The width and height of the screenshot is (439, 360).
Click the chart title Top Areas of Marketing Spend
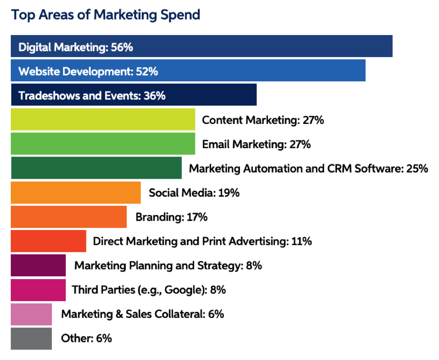106,15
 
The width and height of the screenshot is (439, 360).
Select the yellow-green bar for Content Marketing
102,120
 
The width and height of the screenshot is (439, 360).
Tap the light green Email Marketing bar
102,144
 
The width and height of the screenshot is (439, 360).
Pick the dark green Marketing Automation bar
96,168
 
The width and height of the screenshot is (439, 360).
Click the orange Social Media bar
75,193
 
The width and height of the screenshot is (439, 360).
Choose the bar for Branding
68,217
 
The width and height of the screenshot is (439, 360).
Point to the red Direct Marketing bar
48,241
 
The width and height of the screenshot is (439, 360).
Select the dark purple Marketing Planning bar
38,266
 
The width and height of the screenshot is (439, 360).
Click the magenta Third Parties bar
38,290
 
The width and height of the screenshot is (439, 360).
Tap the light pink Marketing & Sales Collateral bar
31,314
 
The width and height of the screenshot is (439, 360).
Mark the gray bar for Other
31,338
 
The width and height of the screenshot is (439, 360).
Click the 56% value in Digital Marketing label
123,47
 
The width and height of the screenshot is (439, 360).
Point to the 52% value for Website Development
147,72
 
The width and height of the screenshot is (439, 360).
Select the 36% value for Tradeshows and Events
154,96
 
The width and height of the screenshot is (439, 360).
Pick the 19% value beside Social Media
229,193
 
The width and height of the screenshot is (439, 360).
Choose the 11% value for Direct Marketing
301,241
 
